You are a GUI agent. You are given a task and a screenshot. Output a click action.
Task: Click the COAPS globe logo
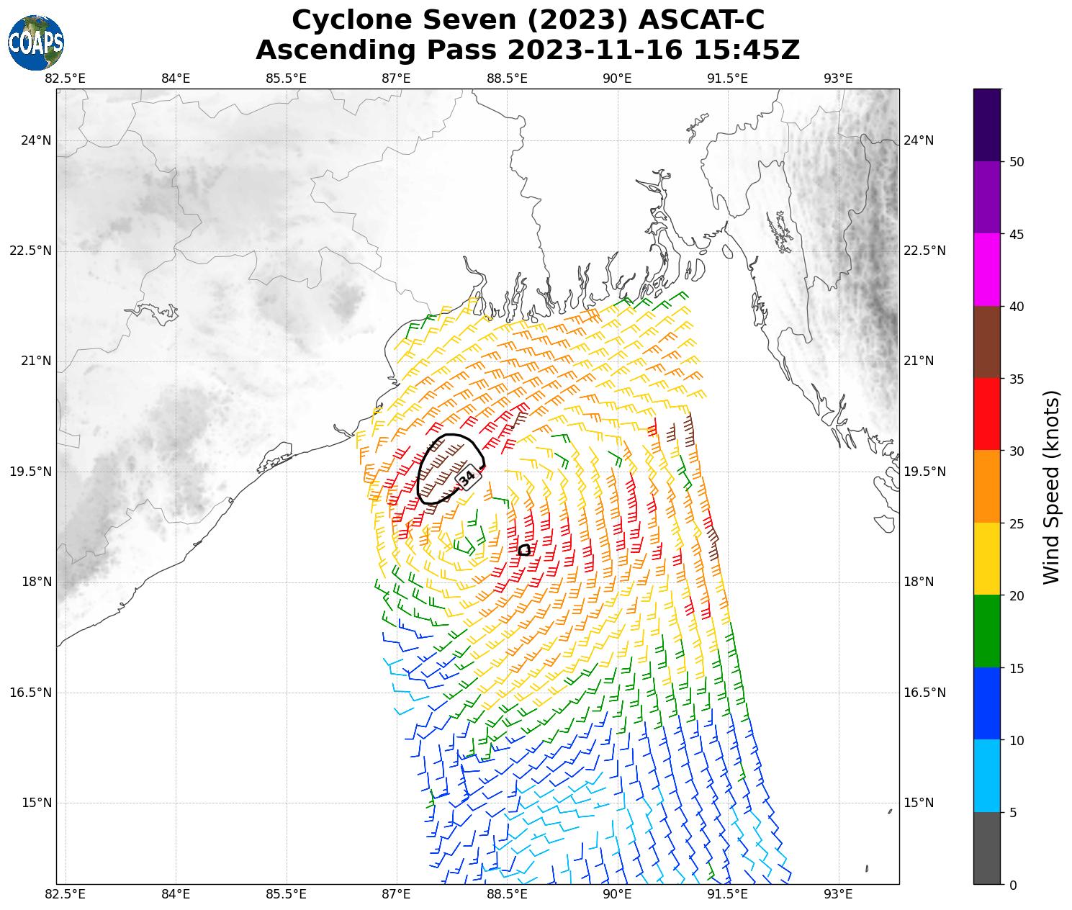coord(36,42)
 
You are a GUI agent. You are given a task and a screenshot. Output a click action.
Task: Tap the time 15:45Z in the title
coord(747,50)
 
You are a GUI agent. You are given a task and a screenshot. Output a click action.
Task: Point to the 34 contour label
coord(467,477)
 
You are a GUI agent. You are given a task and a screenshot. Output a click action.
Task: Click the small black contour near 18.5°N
coord(524,550)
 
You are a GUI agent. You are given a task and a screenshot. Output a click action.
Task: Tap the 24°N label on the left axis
coord(36,140)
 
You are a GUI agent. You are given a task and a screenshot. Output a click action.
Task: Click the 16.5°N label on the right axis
coord(924,693)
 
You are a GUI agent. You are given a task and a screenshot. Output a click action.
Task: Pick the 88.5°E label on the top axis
coord(507,78)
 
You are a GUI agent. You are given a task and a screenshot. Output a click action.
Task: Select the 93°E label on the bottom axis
coord(838,894)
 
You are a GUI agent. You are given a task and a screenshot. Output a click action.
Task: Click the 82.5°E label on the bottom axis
coord(66,894)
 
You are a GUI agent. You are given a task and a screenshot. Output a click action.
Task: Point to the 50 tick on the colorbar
coord(1017,162)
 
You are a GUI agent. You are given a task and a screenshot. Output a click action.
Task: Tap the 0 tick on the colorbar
coord(1013,885)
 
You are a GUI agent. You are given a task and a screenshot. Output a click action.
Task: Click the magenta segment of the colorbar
coord(986,269)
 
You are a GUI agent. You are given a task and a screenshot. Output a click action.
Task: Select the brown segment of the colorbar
coord(986,342)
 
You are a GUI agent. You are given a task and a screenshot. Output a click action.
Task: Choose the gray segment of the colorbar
coord(986,848)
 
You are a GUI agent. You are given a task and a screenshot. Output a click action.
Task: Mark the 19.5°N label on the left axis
coord(31,472)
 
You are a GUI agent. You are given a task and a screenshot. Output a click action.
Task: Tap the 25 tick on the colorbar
coord(1017,523)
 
